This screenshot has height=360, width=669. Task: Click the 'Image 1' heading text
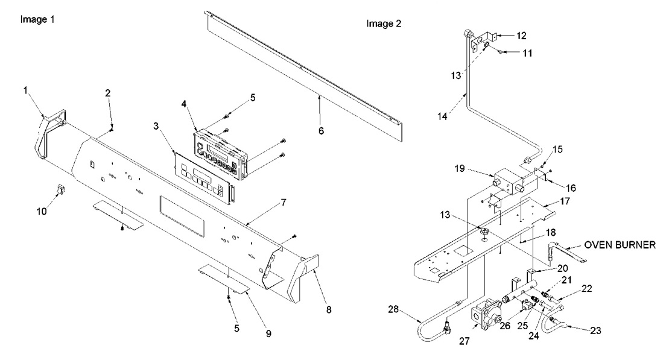37,19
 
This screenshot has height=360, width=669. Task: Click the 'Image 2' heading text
384,24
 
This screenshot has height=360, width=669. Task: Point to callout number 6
320,130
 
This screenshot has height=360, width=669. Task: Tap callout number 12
520,35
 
